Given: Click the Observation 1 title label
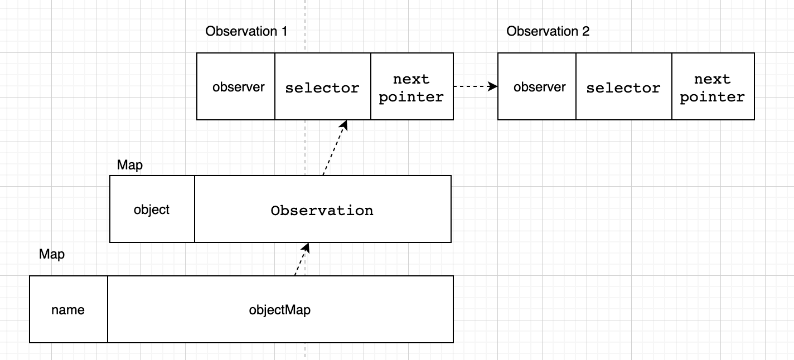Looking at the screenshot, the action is (x=246, y=31).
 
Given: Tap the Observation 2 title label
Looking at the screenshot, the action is (x=548, y=31).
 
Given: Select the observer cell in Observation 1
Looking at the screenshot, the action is (x=236, y=86).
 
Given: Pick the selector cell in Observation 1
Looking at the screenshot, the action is (x=323, y=86).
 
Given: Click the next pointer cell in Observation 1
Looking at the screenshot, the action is (x=412, y=86).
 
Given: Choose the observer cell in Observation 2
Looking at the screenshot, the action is (x=537, y=86).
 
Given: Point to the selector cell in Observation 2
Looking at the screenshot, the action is (x=624, y=86).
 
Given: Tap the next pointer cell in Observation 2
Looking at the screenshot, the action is (x=713, y=86).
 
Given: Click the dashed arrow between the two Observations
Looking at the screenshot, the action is (x=476, y=86).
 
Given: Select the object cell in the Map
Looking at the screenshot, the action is (x=152, y=209).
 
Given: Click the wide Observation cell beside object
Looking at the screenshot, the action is (x=323, y=209).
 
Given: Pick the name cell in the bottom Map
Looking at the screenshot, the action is (x=69, y=309).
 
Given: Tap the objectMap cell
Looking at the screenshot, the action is (x=280, y=309).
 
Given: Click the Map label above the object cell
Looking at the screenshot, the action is (x=130, y=165).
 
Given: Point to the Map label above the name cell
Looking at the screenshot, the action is (x=52, y=255).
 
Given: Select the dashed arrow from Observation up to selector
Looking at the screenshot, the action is (x=335, y=148).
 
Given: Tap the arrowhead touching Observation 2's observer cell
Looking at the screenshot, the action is (x=493, y=86).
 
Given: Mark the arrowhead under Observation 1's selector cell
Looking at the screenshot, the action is (x=344, y=125).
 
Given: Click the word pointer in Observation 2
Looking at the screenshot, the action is (x=713, y=97).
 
